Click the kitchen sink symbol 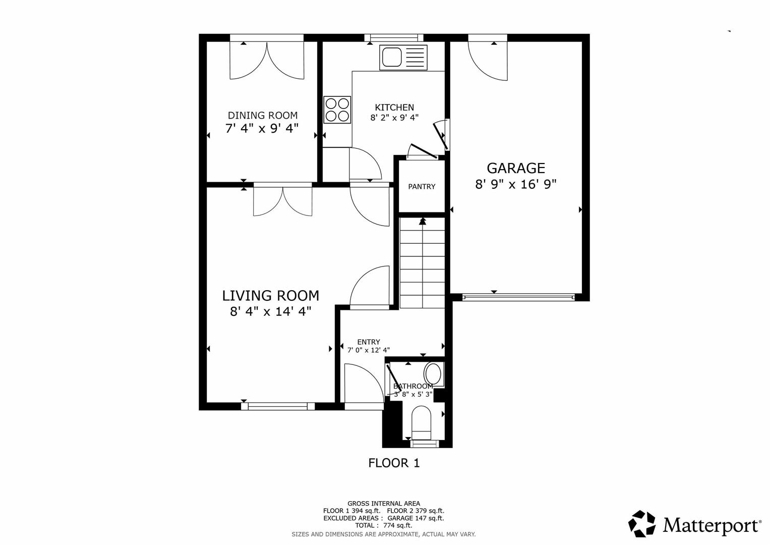pos(403,57)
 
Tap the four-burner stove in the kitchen pos(337,110)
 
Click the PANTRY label pos(422,187)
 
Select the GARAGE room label pos(515,168)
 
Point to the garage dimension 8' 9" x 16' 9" pos(515,184)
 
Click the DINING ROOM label pos(262,115)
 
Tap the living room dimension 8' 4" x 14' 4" pos(270,311)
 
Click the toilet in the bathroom pos(422,424)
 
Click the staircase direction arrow pos(423,221)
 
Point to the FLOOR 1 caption pos(394,463)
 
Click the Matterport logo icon pos(642,524)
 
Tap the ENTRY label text pos(369,342)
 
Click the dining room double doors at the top pos(267,60)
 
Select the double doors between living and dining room pos(283,200)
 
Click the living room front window pos(278,406)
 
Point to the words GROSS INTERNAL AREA pos(383,503)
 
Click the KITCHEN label pos(394,107)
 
